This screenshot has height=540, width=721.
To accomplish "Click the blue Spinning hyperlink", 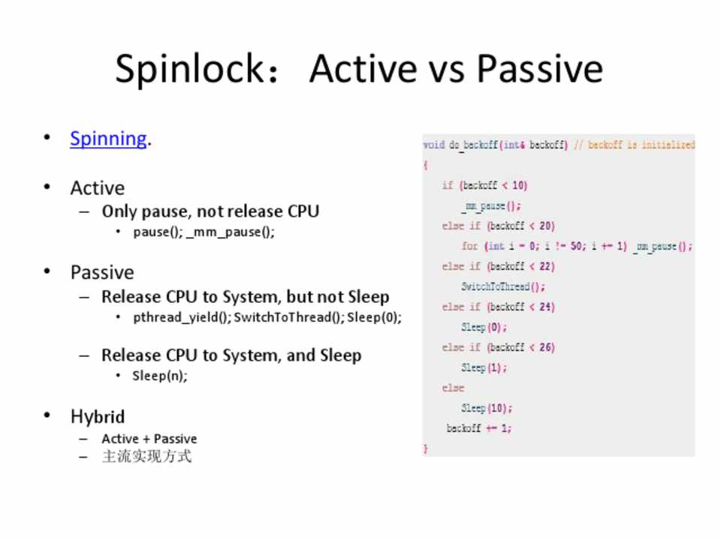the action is (108, 139).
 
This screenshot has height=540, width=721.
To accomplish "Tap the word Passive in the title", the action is (539, 69).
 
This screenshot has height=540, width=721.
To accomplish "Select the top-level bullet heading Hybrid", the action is (98, 416).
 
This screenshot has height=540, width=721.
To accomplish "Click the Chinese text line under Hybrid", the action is (146, 457).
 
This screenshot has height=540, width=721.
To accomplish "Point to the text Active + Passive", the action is (149, 439).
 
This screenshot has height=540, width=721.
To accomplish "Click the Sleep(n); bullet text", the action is (160, 376).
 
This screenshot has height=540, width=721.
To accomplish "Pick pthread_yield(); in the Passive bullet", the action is (183, 317).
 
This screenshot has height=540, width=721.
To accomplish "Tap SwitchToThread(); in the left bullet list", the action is (289, 317).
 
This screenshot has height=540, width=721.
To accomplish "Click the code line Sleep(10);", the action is (487, 408).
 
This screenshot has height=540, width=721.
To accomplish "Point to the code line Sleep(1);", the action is (484, 367).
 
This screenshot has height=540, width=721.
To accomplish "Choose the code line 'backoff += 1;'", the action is (478, 428).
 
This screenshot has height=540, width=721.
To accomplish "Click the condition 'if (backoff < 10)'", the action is (484, 185).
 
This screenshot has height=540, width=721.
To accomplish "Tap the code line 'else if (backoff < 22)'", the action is (499, 266).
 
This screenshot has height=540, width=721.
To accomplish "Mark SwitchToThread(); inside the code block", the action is (503, 287).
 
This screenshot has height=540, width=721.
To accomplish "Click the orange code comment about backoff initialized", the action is (635, 145).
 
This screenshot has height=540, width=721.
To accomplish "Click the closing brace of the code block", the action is (426, 448).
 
